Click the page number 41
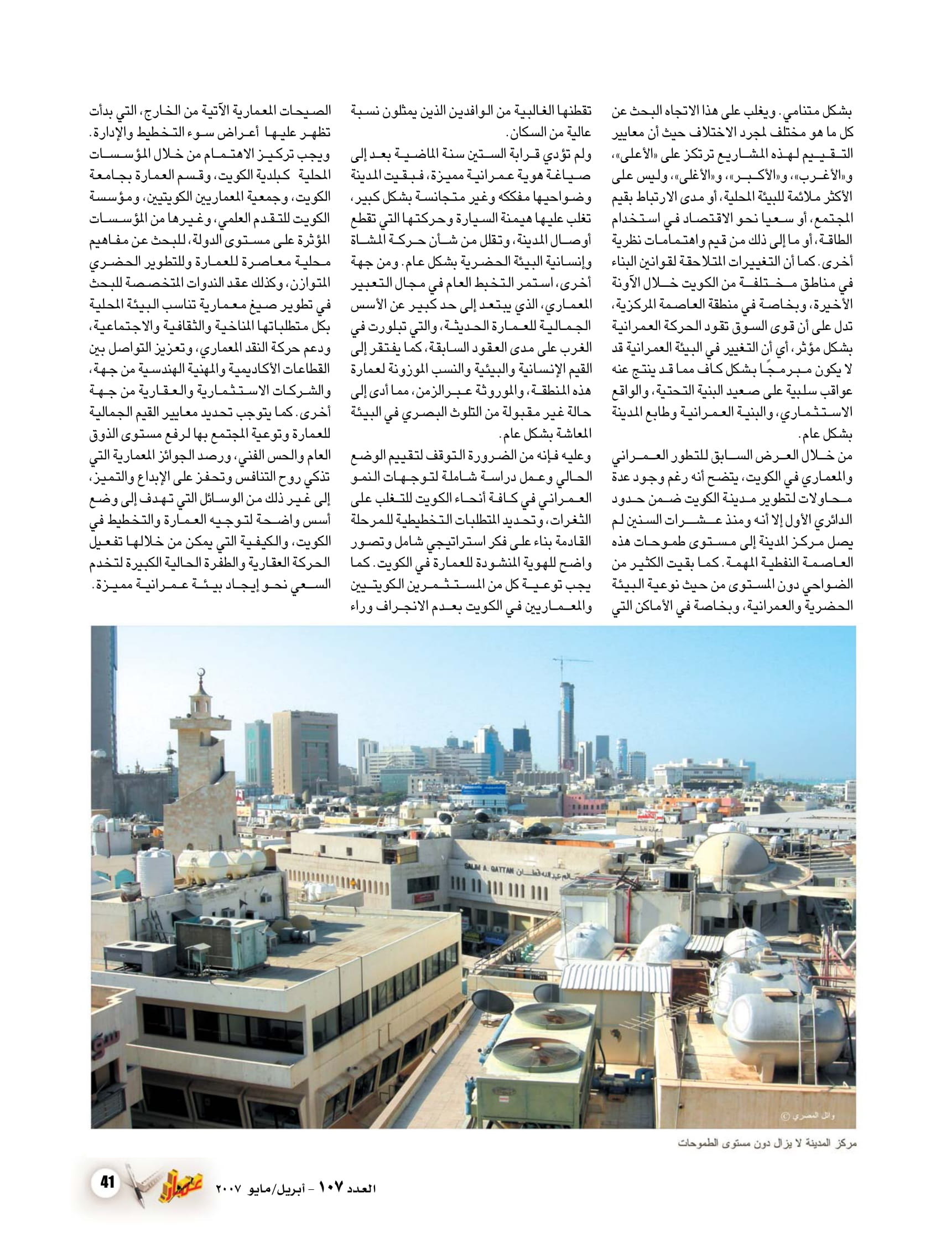pos(108,1182)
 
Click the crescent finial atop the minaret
pos(201,675)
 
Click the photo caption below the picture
pos(767,1143)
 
